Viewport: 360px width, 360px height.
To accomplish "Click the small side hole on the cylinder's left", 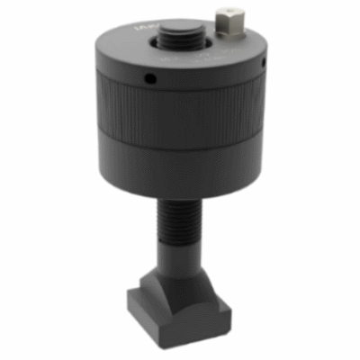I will point(150,80).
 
